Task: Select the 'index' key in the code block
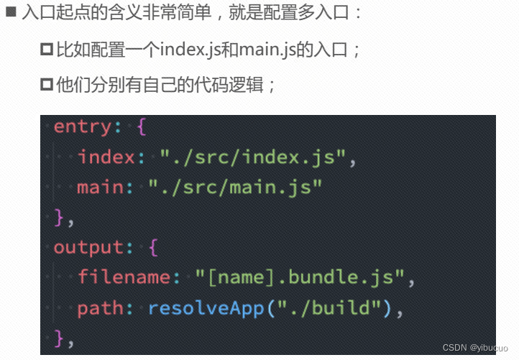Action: pyautogui.click(x=106, y=157)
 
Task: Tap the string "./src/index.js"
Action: pyautogui.click(x=254, y=157)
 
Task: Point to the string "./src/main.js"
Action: pyautogui.click(x=236, y=187)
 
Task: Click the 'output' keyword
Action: pyautogui.click(x=88, y=247)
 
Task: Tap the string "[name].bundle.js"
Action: pyautogui.click(x=301, y=277)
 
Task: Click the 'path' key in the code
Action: pyautogui.click(x=101, y=308)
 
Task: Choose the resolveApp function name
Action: pyautogui.click(x=207, y=308)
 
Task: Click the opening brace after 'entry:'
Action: pyautogui.click(x=142, y=127)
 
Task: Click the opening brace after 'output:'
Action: pyautogui.click(x=153, y=248)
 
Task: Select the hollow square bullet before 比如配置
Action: pyautogui.click(x=47, y=50)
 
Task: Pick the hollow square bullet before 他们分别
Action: pyautogui.click(x=47, y=85)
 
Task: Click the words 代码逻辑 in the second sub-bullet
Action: pyautogui.click(x=234, y=85)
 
